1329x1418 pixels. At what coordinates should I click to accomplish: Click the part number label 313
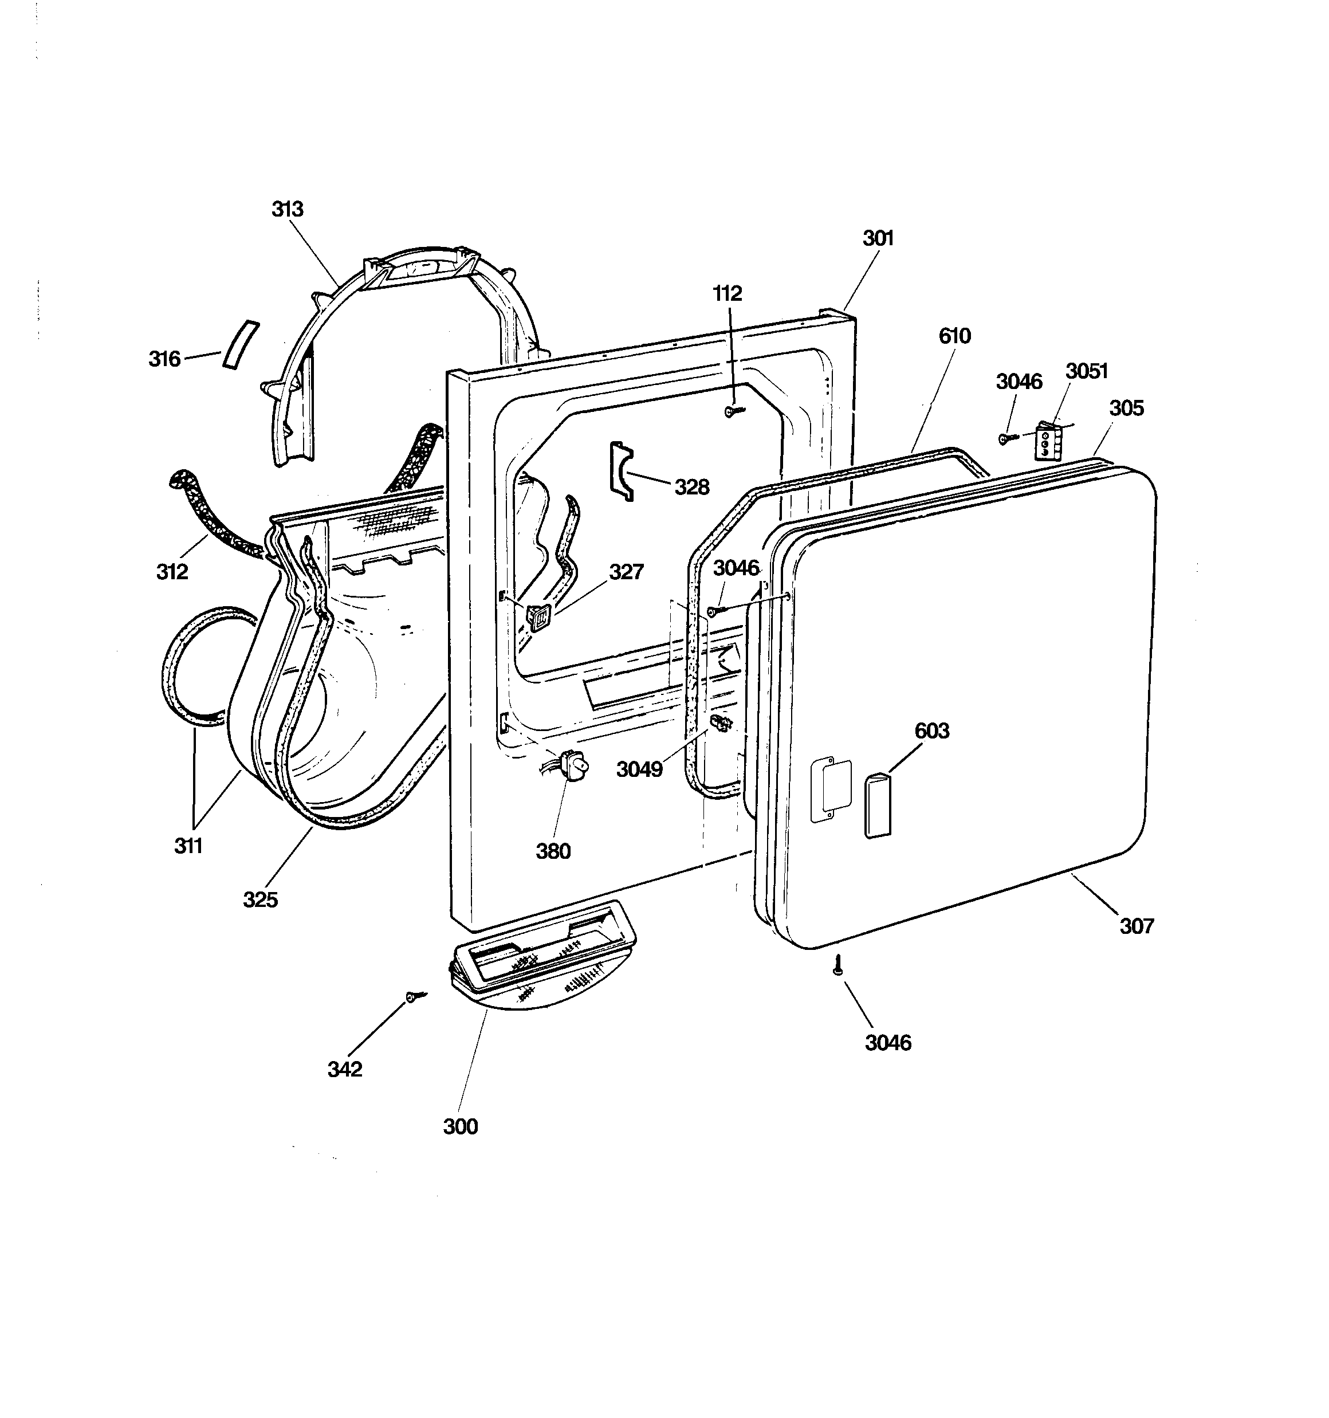(x=288, y=209)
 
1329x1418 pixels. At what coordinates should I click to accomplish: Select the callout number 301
(x=878, y=238)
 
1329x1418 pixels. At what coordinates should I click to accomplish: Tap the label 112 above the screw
(x=728, y=293)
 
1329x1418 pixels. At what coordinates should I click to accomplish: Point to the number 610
(x=954, y=335)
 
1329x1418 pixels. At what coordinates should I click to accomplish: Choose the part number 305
(x=1126, y=408)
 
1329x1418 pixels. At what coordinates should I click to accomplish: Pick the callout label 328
(x=692, y=487)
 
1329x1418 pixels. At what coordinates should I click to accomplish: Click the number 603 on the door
(x=931, y=730)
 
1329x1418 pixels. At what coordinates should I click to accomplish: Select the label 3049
(x=639, y=769)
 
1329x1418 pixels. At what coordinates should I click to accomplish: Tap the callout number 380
(x=553, y=851)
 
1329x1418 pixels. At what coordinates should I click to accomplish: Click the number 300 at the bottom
(x=460, y=1126)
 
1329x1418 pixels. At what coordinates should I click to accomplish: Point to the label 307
(x=1137, y=926)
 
